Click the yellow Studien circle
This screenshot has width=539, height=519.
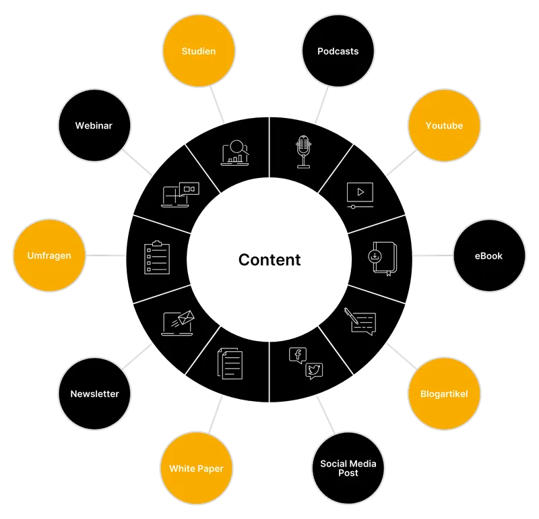tap(199, 51)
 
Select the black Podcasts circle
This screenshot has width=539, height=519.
tap(338, 51)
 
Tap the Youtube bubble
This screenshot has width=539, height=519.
tap(444, 125)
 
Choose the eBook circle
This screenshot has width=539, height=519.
tap(489, 255)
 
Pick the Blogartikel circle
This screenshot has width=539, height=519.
tap(444, 394)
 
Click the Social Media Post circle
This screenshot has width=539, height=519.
tap(348, 468)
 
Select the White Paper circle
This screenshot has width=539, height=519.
tap(196, 468)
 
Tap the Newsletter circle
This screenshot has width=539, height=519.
tap(94, 394)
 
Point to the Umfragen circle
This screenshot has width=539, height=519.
tap(49, 255)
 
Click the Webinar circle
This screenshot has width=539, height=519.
tap(94, 125)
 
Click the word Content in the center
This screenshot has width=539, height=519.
tap(269, 259)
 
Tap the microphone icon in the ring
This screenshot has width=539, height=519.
tap(304, 152)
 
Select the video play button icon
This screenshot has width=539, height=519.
tap(360, 192)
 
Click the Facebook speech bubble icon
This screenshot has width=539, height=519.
tap(298, 355)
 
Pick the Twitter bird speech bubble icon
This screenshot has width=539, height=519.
tap(314, 371)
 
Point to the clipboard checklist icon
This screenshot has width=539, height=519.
tap(157, 257)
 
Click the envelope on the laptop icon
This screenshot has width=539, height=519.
tap(186, 317)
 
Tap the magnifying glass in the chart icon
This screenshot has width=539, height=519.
tap(238, 147)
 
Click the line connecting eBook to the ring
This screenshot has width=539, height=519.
tap(433, 255)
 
